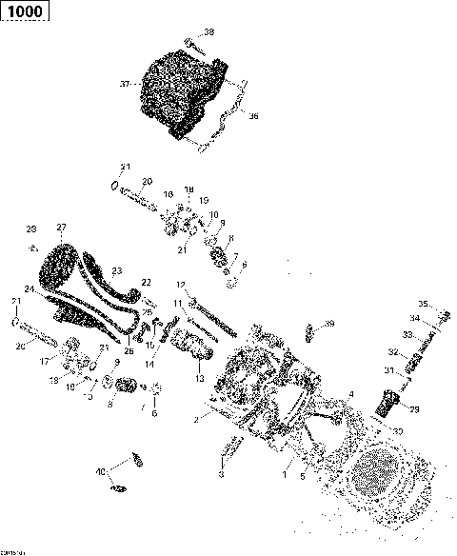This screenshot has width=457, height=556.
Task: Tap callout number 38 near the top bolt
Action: (x=209, y=32)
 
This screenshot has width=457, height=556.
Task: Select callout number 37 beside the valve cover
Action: (x=124, y=85)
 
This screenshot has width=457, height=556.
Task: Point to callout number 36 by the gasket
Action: (x=252, y=117)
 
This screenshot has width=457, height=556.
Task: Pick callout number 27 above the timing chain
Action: (x=61, y=227)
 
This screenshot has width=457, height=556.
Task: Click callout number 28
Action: (x=30, y=229)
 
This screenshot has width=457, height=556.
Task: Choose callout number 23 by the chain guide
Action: (x=117, y=269)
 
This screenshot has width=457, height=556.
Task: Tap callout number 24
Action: (x=30, y=288)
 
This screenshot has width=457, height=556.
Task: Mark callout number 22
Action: (x=146, y=282)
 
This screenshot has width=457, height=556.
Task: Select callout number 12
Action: (x=180, y=285)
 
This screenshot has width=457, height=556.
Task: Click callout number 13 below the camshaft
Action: (x=199, y=378)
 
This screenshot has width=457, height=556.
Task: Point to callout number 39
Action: (x=330, y=324)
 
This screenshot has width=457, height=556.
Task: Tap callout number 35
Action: (x=424, y=305)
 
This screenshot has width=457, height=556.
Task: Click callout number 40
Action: (x=100, y=472)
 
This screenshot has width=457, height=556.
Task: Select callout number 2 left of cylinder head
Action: (x=196, y=419)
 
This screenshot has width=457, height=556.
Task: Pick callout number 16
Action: (x=169, y=194)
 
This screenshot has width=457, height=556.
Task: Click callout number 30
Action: (x=397, y=431)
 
